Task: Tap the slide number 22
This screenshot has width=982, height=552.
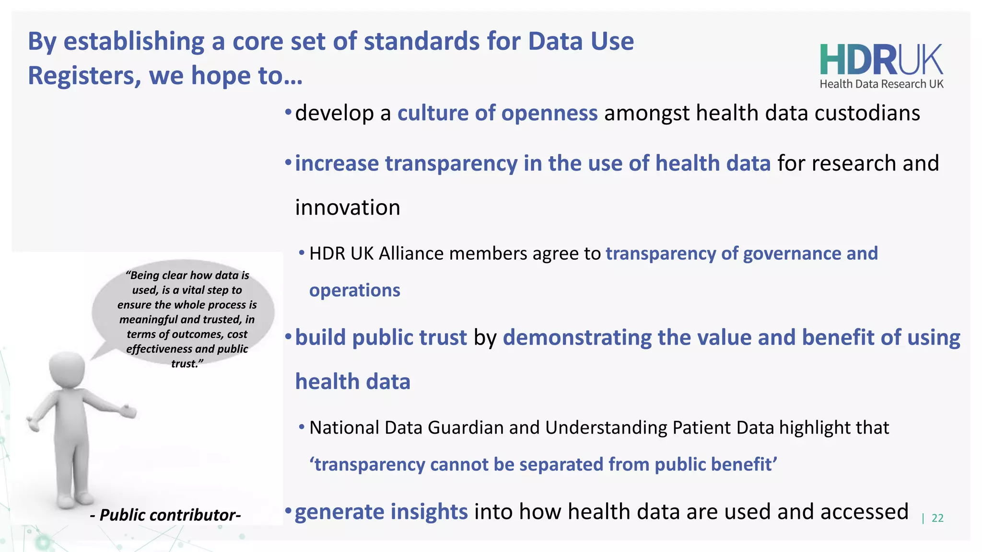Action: pos(937,518)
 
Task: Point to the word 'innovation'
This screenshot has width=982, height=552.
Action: pos(348,208)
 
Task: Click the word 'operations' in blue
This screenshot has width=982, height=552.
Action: pos(354,290)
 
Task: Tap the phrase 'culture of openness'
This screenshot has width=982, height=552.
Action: pos(497,114)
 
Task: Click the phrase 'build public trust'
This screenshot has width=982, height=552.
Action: pos(381,338)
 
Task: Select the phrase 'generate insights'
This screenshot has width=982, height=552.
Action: pos(381,512)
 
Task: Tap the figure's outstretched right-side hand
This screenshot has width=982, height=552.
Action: pos(128,411)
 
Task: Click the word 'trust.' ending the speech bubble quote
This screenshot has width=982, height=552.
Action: pos(185,364)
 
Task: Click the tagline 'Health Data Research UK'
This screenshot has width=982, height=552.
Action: pos(881,84)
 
